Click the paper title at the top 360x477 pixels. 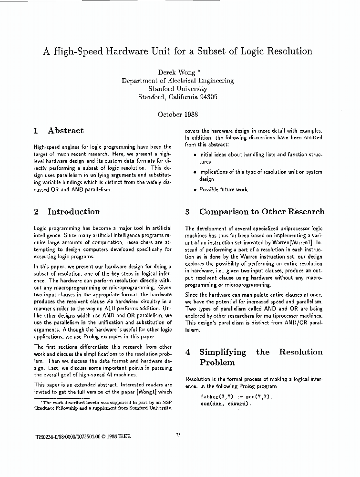[177, 52]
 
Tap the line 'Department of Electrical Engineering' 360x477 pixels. [177, 81]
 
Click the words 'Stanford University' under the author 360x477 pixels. [177, 89]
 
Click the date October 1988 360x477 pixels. [177, 114]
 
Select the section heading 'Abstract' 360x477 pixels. [65, 131]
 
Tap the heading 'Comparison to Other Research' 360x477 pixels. [261, 212]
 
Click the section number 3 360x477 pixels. [187, 212]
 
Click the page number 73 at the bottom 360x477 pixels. [178, 435]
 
